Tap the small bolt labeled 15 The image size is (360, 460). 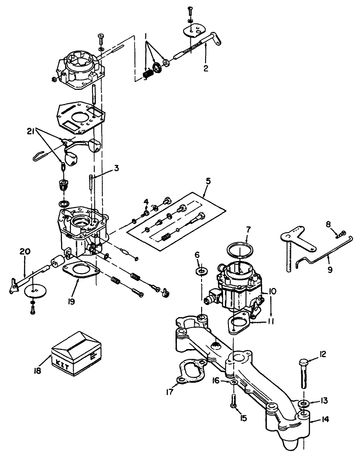[x=233, y=400]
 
